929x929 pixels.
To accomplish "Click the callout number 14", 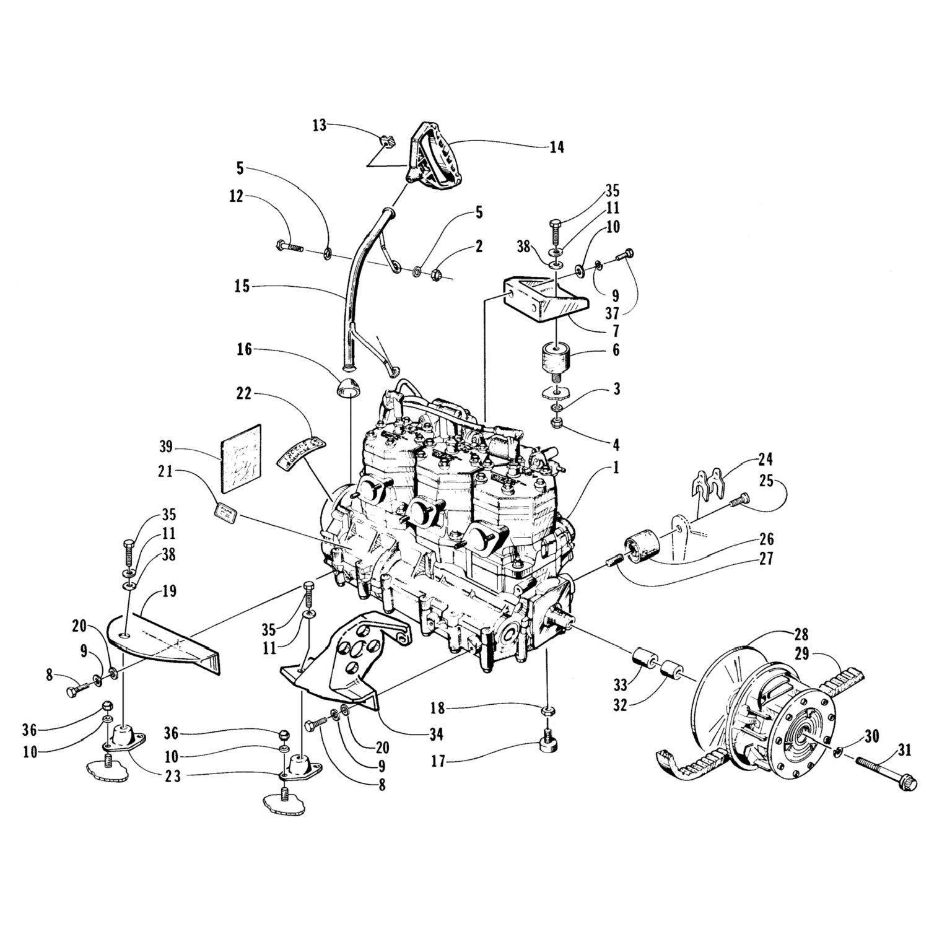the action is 556,148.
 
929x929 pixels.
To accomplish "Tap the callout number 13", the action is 320,126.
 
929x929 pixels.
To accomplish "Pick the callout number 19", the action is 169,591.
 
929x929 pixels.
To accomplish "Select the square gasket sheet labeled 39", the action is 241,452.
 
